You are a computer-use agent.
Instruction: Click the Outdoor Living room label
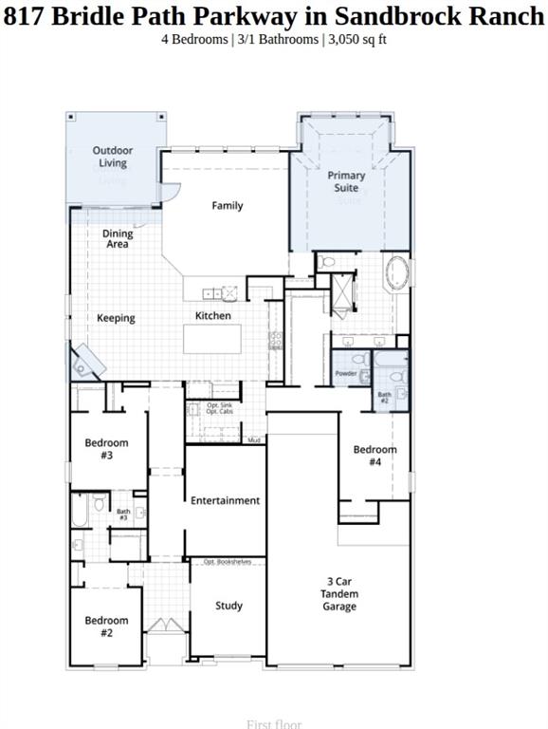pos(113,157)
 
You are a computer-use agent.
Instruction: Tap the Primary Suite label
pos(346,181)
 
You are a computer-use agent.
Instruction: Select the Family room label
pos(228,206)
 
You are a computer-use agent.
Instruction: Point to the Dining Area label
pos(118,239)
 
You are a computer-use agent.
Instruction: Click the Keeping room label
pos(116,318)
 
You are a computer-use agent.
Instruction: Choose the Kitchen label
pos(213,315)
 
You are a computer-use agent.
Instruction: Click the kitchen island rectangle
pos(212,339)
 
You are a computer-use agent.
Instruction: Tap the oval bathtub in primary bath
pos(396,275)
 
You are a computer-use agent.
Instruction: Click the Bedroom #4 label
pos(375,456)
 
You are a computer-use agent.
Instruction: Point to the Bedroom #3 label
pos(106,449)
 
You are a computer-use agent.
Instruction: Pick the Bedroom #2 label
pos(106,626)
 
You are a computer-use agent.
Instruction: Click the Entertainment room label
pos(225,500)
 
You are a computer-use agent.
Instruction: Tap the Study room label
pos(228,606)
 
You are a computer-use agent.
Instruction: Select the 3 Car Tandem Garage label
pos(339,594)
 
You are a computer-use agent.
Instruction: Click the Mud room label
pos(254,440)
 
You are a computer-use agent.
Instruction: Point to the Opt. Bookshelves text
pos(228,562)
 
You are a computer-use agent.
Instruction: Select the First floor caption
pos(274,724)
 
